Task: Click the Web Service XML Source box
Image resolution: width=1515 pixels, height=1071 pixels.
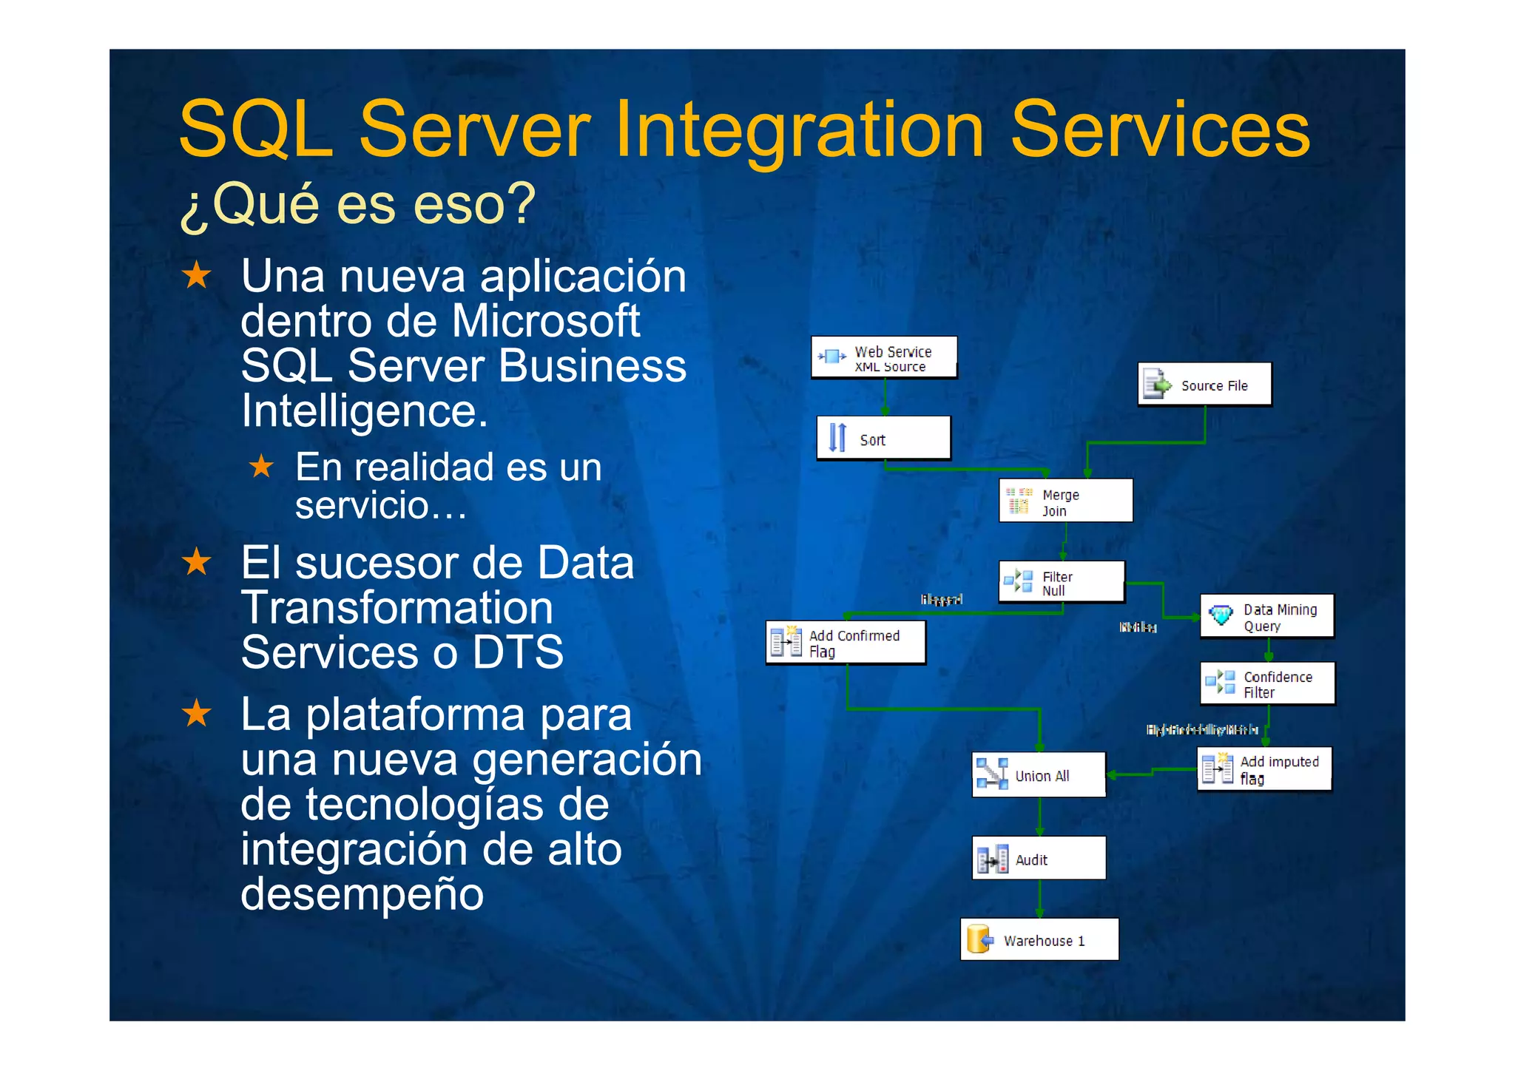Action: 884,358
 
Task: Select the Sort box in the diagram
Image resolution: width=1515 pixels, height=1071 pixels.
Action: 883,439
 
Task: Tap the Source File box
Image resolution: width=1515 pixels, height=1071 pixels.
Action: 1204,385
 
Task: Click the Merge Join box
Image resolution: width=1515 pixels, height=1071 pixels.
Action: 1065,501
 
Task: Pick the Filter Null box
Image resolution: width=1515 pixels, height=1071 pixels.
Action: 1062,582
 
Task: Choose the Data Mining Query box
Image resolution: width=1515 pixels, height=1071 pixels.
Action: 1266,616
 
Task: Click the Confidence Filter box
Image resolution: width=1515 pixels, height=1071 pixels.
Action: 1267,683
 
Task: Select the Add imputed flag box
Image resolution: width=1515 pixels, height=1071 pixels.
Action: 1264,769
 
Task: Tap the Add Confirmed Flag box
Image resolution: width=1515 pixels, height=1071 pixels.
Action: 846,643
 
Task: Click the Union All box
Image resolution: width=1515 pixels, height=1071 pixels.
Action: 1039,775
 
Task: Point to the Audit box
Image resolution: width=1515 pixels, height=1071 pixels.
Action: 1039,859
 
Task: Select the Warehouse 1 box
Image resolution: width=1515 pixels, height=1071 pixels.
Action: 1039,940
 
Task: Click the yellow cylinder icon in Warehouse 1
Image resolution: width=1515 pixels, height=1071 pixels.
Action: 979,939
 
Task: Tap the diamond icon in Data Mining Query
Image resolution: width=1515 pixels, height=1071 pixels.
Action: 1221,614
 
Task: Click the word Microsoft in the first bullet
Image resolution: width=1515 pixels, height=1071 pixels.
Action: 545,321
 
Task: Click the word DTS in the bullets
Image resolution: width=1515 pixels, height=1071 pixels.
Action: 518,652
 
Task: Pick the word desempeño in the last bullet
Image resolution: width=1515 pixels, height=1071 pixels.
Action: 362,893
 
